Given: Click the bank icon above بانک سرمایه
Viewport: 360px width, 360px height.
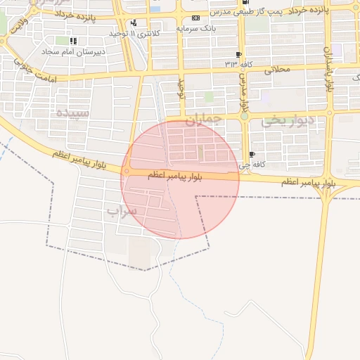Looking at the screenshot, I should pos(195,18).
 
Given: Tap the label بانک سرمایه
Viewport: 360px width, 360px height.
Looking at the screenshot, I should pos(194,28).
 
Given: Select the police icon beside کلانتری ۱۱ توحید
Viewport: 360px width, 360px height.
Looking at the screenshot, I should pos(134,22).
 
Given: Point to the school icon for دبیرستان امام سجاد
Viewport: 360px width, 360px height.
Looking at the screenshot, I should pos(74,41).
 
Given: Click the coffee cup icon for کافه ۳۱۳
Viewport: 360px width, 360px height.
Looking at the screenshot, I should pos(239,54).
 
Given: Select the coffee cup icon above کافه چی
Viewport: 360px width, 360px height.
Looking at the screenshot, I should pos(252,155).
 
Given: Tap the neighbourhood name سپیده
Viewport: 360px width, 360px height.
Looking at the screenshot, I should pos(73,112).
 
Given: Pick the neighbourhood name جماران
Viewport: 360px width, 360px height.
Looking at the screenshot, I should pos(202,120).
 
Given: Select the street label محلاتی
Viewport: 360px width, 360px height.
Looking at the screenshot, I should pos(277,70).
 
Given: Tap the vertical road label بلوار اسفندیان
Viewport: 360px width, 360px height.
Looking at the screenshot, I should pos(328,67).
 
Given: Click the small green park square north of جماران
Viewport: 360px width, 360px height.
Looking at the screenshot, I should pos(209,96).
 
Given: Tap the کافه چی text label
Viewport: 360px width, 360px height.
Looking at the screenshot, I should pos(245,166).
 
